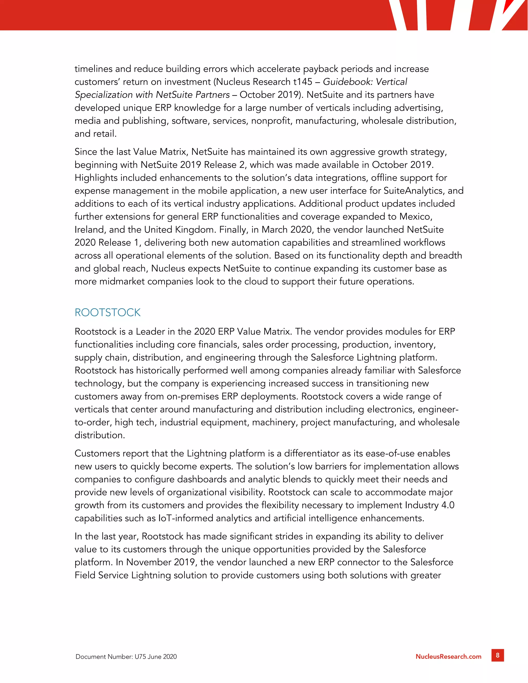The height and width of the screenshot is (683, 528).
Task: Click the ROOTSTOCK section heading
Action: click(x=108, y=312)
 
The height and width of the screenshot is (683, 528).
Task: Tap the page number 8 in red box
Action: click(x=497, y=655)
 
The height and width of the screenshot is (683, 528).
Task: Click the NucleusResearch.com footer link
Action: click(x=448, y=657)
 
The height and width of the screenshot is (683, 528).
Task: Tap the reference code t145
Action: click(x=302, y=82)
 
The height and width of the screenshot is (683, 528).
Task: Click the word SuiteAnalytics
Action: click(x=414, y=190)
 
